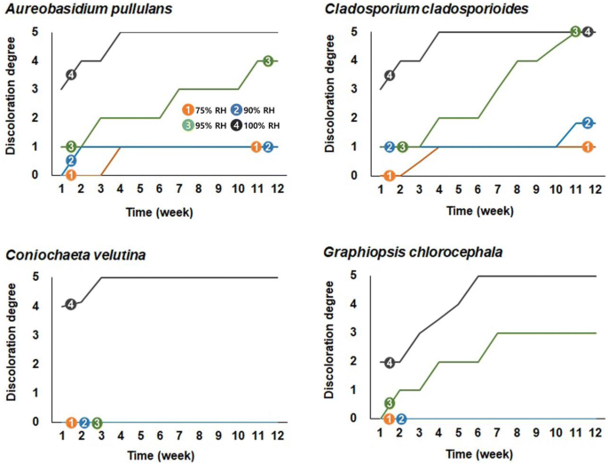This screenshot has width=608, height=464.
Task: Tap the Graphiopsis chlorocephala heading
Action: (403, 252)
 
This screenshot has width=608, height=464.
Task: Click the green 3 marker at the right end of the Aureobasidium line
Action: (268, 60)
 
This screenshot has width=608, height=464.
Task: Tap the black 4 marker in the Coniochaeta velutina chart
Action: (71, 305)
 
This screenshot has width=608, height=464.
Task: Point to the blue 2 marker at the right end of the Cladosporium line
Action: (588, 123)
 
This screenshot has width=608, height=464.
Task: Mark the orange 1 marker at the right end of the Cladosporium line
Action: (588, 147)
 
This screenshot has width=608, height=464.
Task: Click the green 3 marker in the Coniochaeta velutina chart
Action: (97, 422)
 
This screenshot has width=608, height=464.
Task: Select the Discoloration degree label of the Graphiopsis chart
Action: (331, 347)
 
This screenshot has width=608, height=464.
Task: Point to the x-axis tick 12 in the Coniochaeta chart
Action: (277, 436)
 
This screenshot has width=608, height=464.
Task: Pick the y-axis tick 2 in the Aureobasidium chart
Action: (36, 118)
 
